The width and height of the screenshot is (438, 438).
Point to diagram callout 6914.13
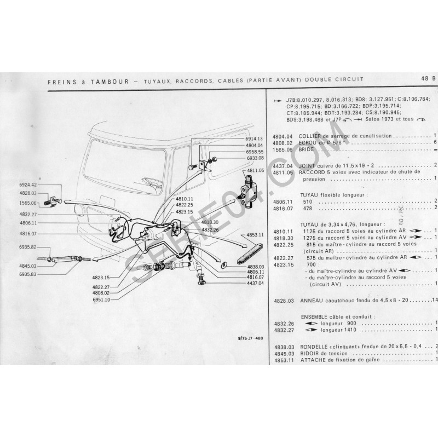click(254, 139)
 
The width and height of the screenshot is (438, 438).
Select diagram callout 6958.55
click(254, 152)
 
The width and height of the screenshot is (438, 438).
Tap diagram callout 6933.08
click(254, 158)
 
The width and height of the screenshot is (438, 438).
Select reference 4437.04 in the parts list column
click(283, 165)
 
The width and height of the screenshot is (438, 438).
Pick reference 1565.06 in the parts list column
click(283, 149)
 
